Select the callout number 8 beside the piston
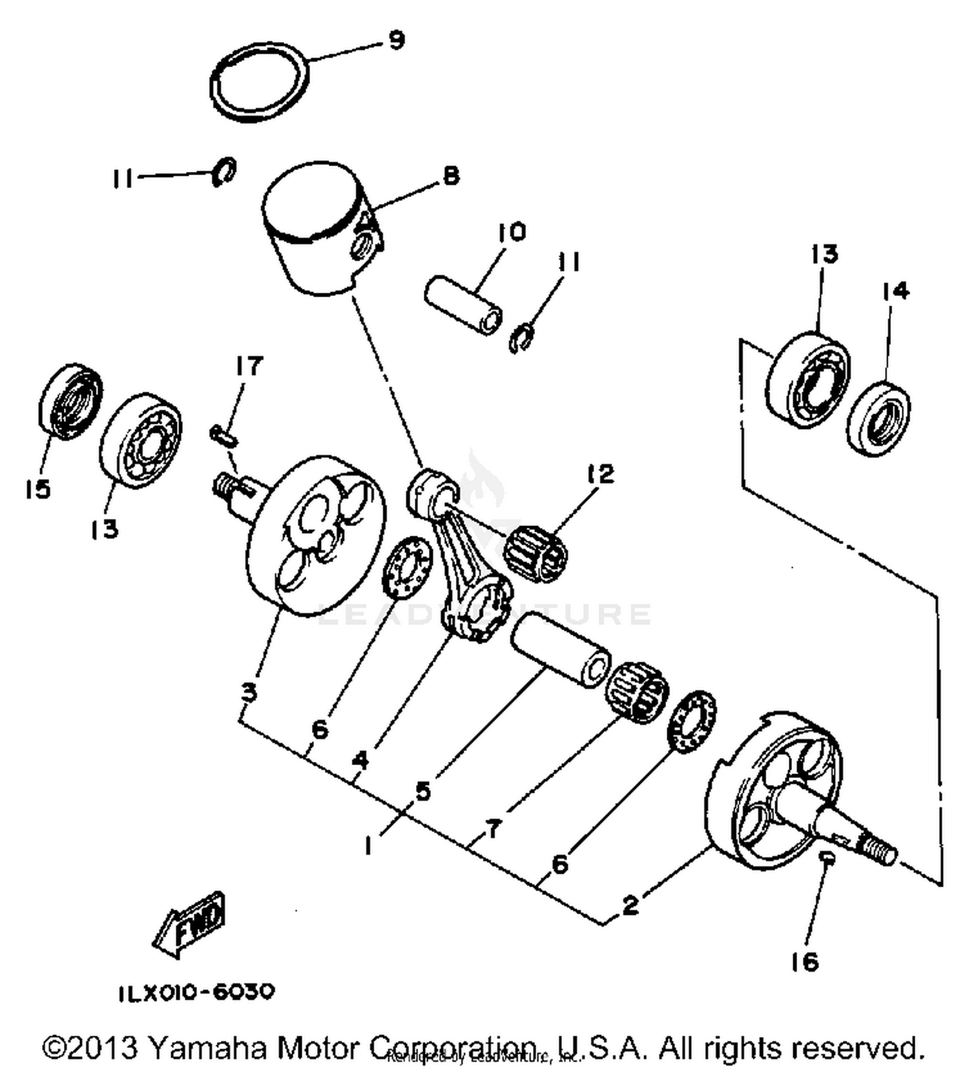(x=451, y=176)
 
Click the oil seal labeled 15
(x=70, y=401)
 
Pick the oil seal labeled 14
(x=879, y=419)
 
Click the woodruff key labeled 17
(x=224, y=435)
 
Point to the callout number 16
(x=804, y=962)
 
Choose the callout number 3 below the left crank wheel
(x=249, y=693)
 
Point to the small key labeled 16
(x=826, y=857)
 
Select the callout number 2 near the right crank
(x=630, y=905)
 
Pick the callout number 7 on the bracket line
(x=493, y=828)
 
